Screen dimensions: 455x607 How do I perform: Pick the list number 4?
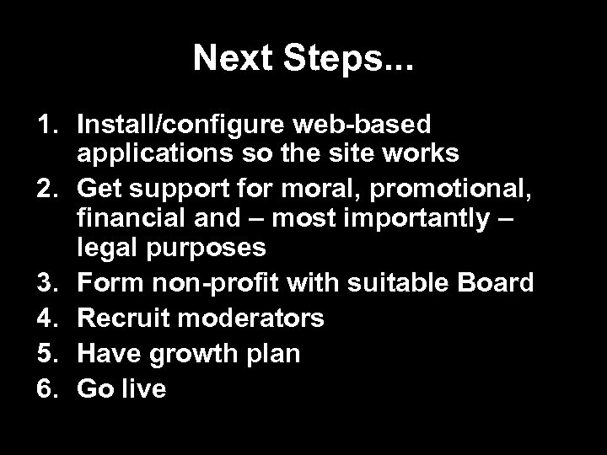pyautogui.click(x=46, y=318)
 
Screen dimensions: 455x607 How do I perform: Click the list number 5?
pyautogui.click(x=46, y=353)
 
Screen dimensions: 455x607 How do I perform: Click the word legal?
pyautogui.click(x=106, y=249)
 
